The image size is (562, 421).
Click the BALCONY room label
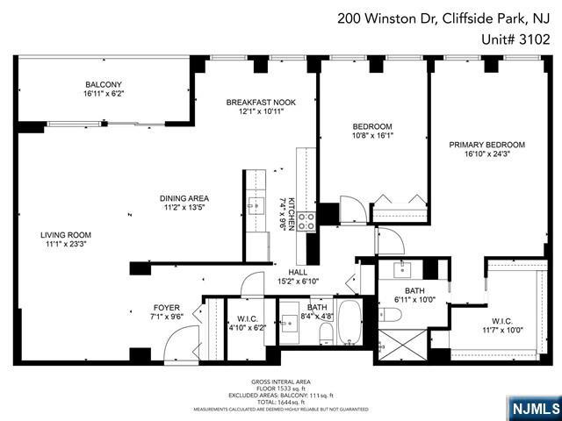pyautogui.click(x=104, y=85)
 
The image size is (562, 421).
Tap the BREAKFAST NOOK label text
pyautogui.click(x=261, y=103)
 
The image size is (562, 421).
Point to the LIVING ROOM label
pyautogui.click(x=66, y=235)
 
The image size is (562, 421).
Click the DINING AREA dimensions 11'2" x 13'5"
pyautogui.click(x=184, y=209)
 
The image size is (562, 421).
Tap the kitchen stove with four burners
pyautogui.click(x=306, y=221)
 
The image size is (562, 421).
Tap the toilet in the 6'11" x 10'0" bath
pyautogui.click(x=391, y=314)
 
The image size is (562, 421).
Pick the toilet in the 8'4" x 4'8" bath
pyautogui.click(x=325, y=332)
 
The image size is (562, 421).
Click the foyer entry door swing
pyautogui.click(x=181, y=349)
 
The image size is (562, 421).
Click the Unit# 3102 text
pyautogui.click(x=516, y=39)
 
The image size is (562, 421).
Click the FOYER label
pyautogui.click(x=167, y=308)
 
